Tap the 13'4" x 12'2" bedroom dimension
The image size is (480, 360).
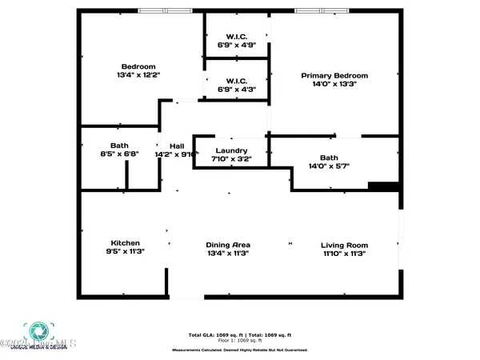[137, 76]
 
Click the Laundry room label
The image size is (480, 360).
[230, 150]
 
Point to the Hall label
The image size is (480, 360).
[177, 146]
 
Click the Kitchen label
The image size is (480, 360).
[126, 243]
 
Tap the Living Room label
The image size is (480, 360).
[344, 245]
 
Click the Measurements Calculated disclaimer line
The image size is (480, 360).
[239, 350]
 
